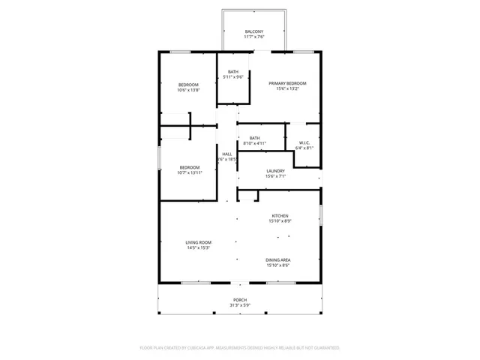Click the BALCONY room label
[253, 31]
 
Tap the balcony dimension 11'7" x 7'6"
[253, 37]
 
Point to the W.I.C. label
[304, 142]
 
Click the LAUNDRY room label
[275, 171]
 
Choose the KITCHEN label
[280, 216]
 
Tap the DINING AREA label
[278, 259]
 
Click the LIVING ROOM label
[199, 242]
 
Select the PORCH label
[239, 300]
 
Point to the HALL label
[226, 154]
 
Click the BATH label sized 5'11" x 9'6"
[233, 72]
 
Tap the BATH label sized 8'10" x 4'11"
[255, 138]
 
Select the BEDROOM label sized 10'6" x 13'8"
[188, 85]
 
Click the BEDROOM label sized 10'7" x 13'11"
[189, 167]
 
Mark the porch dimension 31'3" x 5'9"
[239, 305]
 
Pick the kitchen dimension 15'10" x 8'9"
[280, 221]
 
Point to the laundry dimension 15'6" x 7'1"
[275, 176]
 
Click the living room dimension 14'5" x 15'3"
[199, 247]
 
